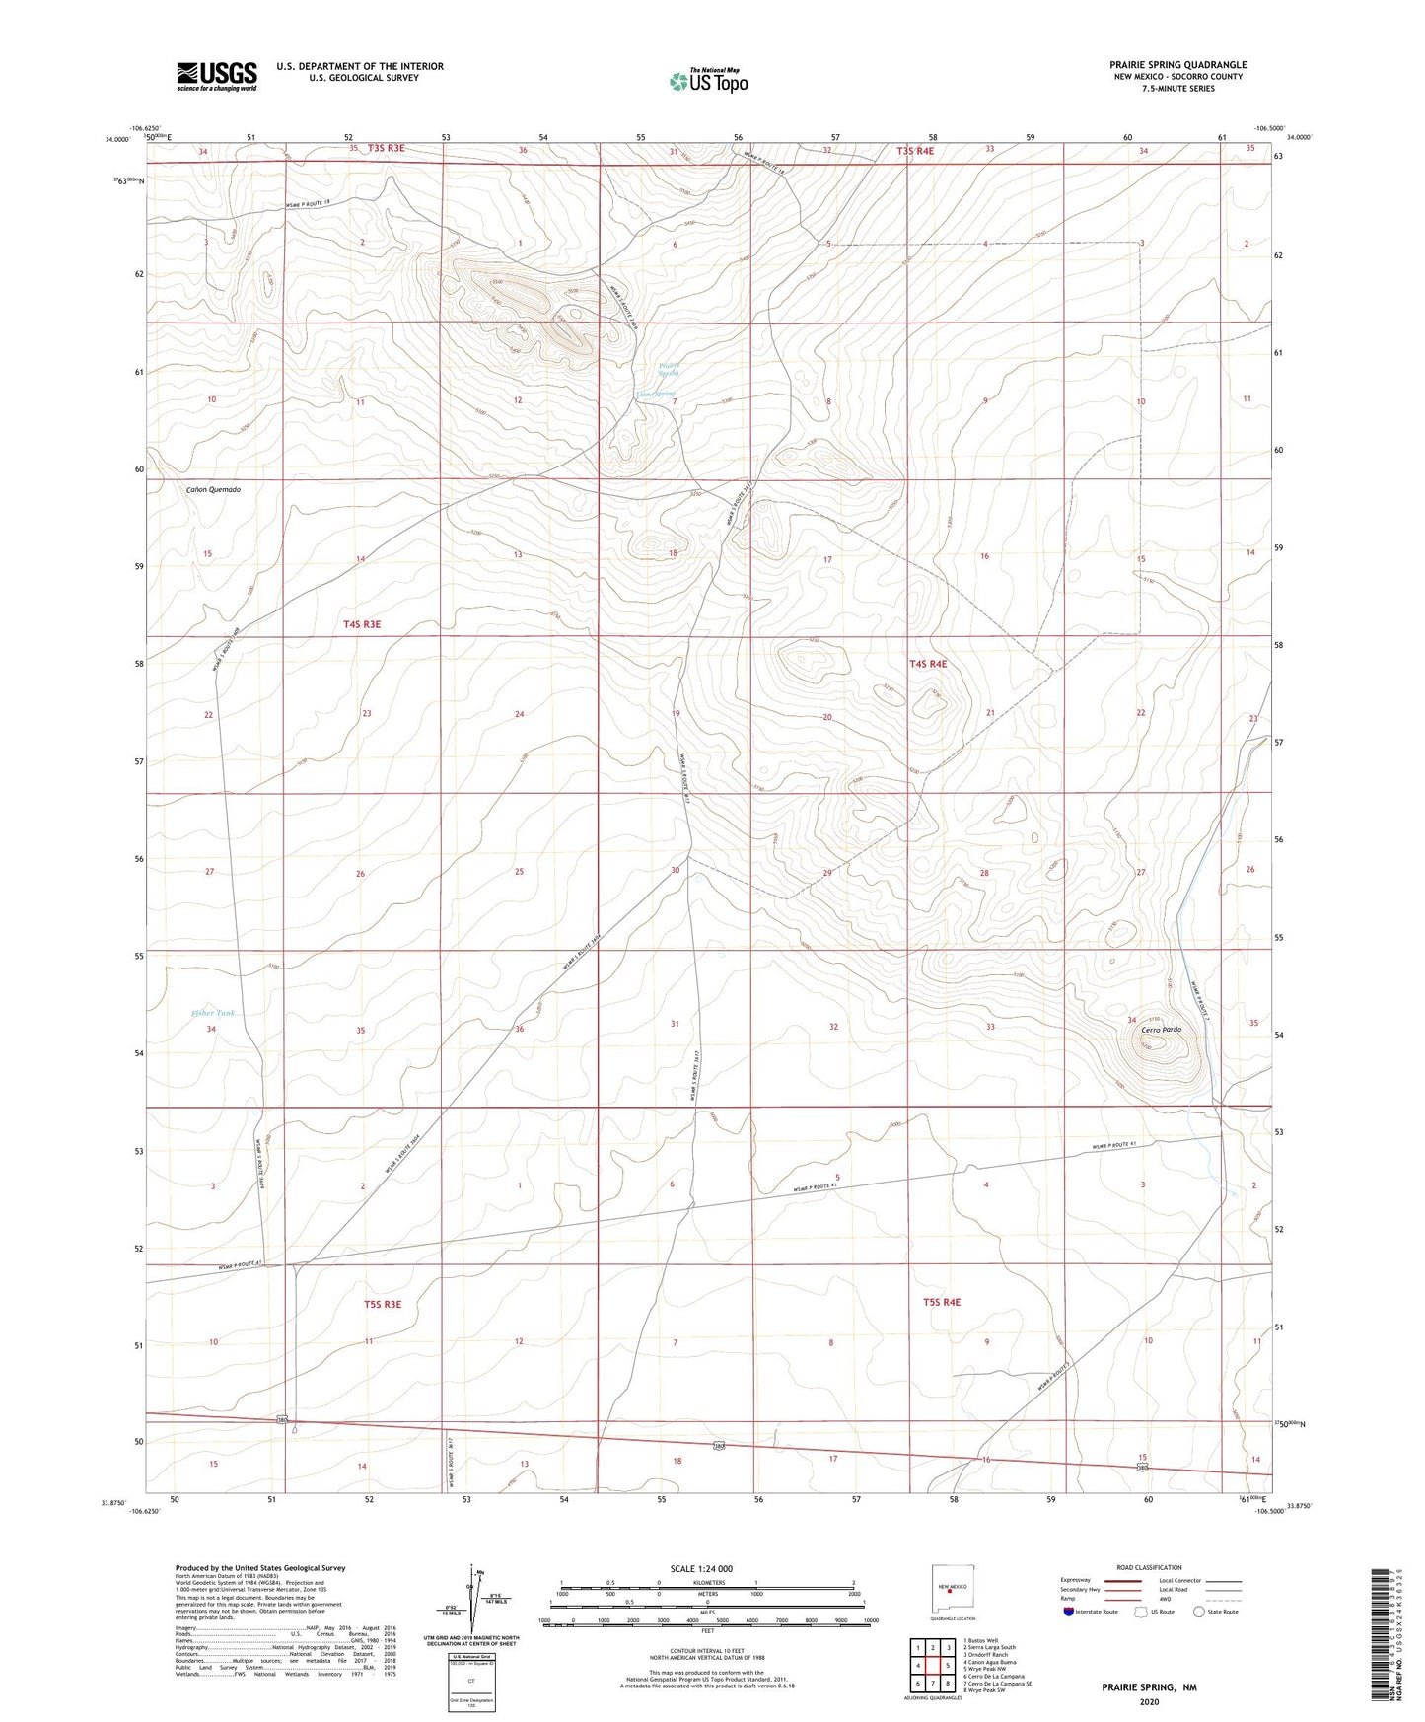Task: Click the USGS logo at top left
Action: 217,76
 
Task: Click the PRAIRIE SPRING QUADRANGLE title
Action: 1177,65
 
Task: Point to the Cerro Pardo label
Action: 1161,1030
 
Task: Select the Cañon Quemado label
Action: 213,489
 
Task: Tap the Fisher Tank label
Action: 213,1013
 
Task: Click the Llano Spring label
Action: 655,394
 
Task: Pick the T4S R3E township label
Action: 362,624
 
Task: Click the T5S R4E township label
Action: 942,1302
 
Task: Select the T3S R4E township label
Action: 915,151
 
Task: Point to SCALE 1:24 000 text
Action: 701,1568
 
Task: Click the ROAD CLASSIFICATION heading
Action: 1149,1567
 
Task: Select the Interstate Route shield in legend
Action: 1070,1612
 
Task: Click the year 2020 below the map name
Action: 1149,1701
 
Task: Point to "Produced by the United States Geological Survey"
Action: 260,1567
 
